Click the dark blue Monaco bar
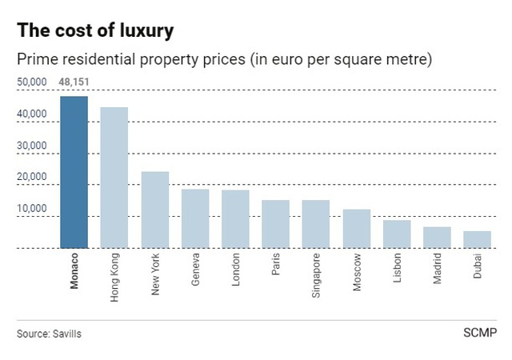[74, 172]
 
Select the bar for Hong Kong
[114, 178]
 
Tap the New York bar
[154, 210]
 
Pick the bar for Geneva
[195, 218]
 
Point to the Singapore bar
[315, 224]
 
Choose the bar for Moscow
[356, 229]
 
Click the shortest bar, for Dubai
[477, 240]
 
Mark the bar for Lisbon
[397, 234]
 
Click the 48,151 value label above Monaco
[74, 82]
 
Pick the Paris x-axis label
[275, 270]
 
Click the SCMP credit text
[479, 332]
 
